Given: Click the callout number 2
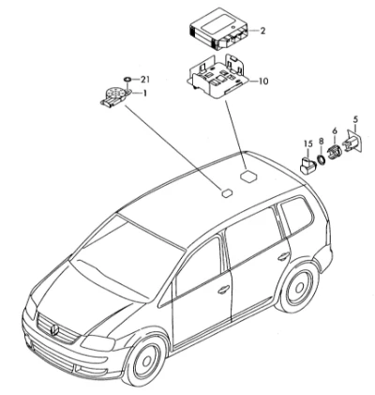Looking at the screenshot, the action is coord(262,31).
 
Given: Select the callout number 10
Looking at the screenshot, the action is coord(263,82).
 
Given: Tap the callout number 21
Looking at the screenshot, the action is coord(144,80).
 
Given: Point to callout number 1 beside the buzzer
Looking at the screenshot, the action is coord(144,93).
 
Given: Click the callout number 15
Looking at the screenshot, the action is coord(308,144).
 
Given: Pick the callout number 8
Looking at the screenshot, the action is coord(321,142).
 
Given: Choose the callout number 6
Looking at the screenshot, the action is coord(335,130).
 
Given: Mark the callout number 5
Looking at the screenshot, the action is coord(355,119).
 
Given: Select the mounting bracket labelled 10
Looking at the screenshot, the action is coord(217,77).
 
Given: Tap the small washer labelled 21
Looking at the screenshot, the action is coord(127,79).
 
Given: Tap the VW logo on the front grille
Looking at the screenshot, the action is coord(54,330).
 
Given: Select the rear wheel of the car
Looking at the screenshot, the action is coord(299,288).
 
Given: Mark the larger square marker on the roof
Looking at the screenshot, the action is coord(248,175).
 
